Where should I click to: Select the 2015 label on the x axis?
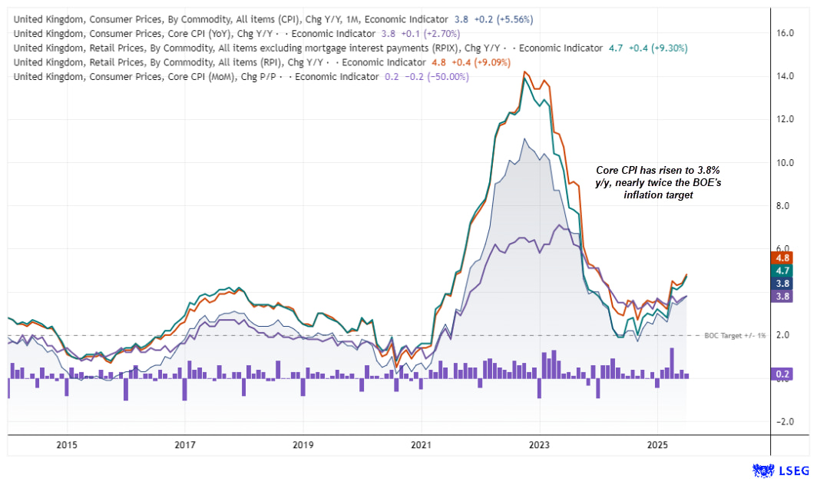click(67, 445)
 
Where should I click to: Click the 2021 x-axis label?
click(421, 445)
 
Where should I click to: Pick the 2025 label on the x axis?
click(657, 445)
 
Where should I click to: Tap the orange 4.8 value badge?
click(782, 258)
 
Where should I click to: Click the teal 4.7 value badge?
click(782, 271)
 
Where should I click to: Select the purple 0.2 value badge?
click(782, 374)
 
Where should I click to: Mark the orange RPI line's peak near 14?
click(524, 72)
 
